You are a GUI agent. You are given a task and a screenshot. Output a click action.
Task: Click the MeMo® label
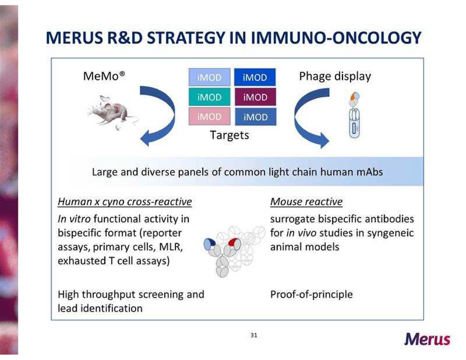(x=104, y=76)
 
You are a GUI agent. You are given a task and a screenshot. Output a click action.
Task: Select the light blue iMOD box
(x=209, y=77)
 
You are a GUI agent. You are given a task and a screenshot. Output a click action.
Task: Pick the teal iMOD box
(x=209, y=97)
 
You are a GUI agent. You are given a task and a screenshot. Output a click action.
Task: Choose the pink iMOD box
(x=209, y=116)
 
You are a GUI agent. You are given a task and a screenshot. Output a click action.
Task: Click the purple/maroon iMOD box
(x=255, y=97)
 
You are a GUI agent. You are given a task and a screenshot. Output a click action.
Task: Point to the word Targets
(x=229, y=135)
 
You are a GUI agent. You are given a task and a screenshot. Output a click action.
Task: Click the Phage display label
(x=335, y=76)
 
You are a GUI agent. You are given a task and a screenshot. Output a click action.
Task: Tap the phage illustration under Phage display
(x=354, y=116)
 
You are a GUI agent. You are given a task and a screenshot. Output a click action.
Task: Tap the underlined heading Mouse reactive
(x=306, y=202)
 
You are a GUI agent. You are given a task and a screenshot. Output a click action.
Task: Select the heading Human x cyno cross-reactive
(x=125, y=202)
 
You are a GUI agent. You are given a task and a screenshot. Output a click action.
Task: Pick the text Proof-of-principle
(x=311, y=294)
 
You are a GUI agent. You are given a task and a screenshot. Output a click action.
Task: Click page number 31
(x=254, y=335)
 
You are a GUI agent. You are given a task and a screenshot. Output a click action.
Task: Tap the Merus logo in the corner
(x=427, y=339)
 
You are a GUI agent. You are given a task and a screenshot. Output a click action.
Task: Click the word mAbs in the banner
(x=370, y=172)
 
